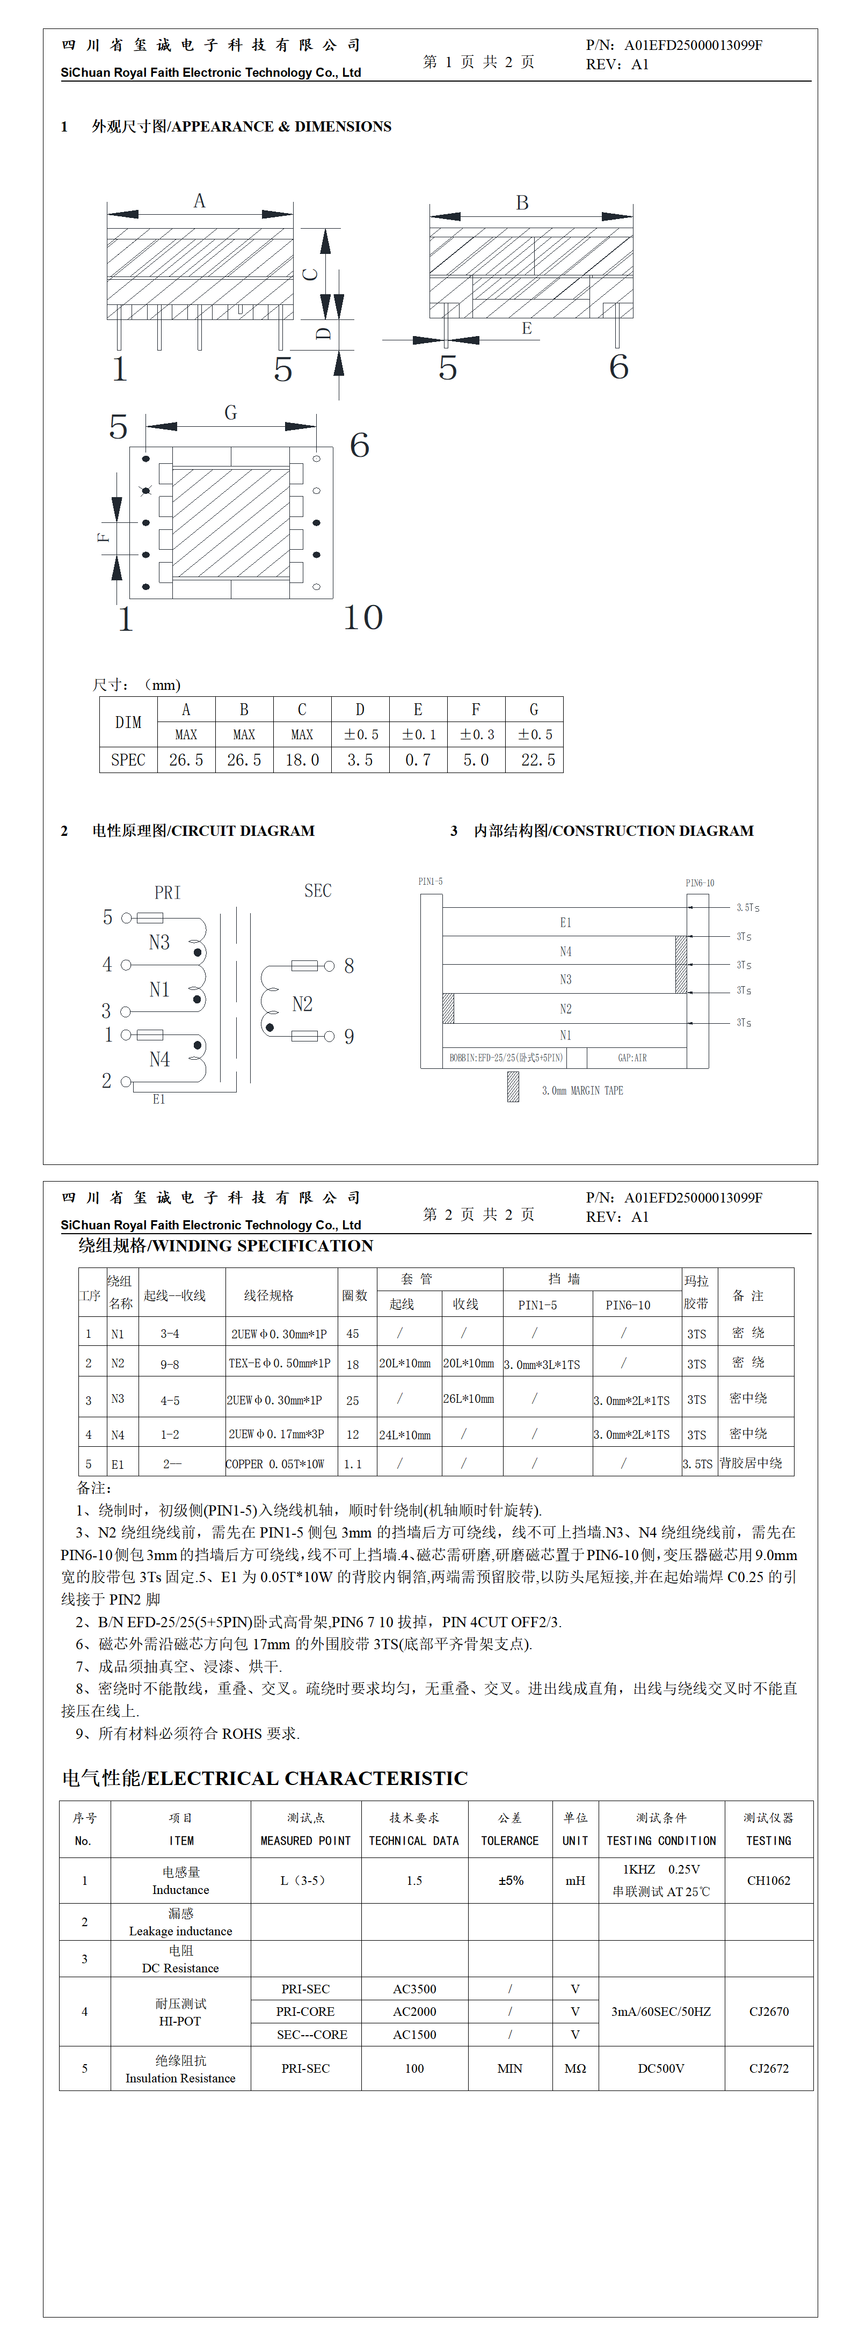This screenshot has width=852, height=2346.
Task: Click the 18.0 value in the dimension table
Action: point(303,760)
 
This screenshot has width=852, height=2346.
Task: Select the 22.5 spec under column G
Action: point(537,760)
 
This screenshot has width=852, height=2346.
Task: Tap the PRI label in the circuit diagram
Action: point(168,892)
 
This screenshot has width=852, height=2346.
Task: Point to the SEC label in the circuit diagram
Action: point(318,891)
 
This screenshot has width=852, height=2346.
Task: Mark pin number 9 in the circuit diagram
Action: point(349,1037)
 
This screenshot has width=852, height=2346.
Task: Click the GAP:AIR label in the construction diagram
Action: point(632,1058)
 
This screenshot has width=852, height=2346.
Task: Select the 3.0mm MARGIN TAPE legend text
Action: point(582,1090)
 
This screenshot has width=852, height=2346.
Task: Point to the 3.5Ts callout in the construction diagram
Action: point(747,907)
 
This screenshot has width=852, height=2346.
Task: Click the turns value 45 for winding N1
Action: point(353,1334)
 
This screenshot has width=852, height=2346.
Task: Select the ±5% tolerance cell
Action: point(511,1881)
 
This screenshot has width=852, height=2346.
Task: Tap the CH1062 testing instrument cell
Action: point(768,1881)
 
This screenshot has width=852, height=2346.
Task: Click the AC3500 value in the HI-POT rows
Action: point(414,1989)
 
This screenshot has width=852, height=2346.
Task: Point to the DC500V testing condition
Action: point(661,2068)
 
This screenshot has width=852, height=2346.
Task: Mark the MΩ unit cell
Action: point(575,2068)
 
